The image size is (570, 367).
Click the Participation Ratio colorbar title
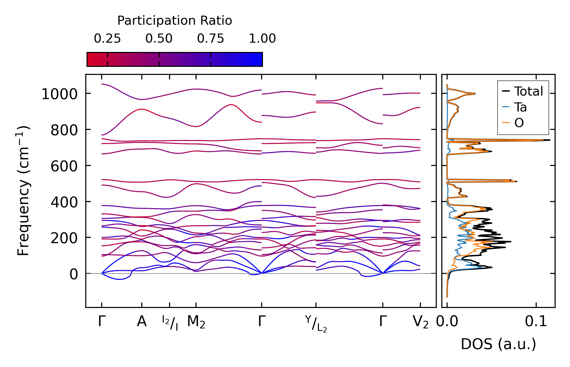175,21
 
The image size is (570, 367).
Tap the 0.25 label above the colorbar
107,39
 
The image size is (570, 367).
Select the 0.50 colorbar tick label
159,39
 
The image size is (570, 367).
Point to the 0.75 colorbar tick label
211,39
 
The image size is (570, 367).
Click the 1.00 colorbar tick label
262,39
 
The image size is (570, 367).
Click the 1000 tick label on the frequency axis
60,95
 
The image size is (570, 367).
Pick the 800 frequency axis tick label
64,131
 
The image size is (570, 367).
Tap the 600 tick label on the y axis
64,167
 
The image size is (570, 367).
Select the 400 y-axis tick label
64,203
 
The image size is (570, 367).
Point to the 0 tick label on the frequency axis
74,274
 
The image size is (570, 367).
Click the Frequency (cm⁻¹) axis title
23,191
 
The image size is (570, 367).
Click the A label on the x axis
142,322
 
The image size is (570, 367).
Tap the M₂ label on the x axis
196,322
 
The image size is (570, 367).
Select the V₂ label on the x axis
421,322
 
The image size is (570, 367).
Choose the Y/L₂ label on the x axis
316,324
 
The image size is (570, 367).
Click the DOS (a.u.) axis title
498,344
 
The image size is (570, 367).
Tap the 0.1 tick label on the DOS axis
536,322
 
